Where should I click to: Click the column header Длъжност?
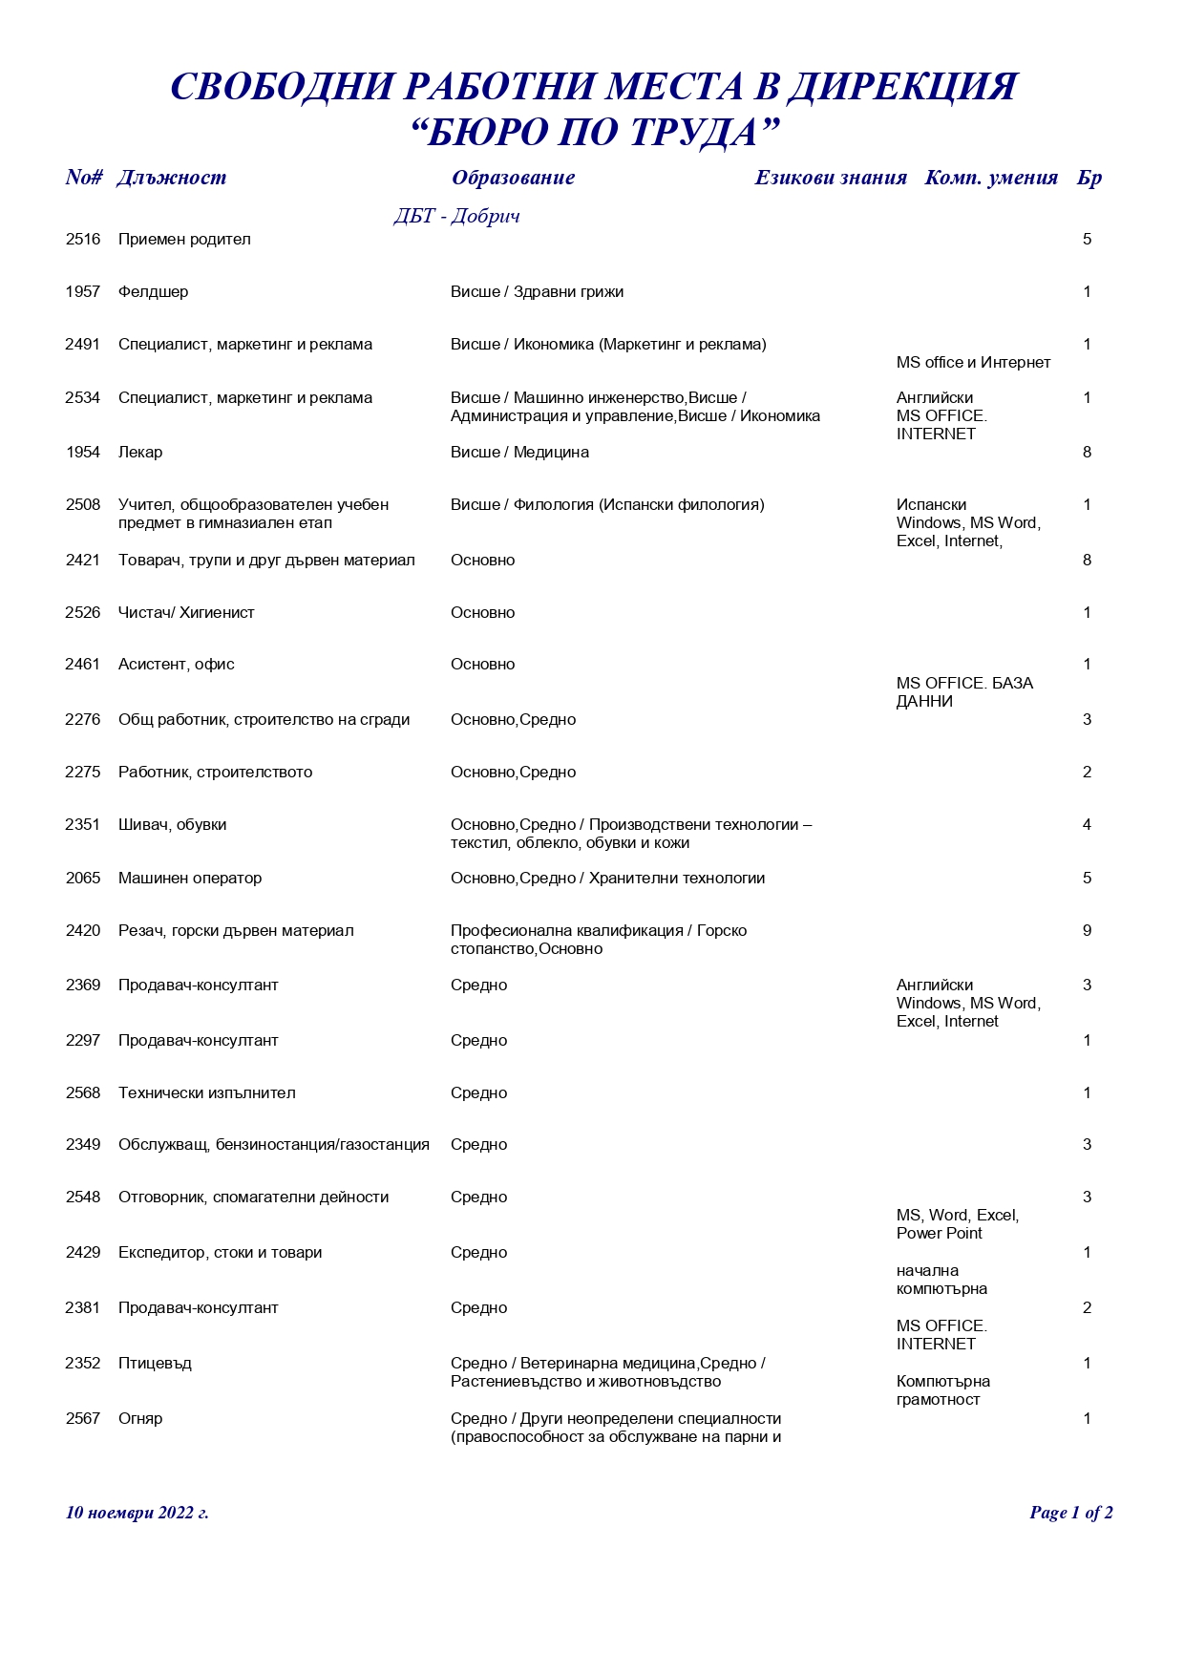point(171,178)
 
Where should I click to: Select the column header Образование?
point(513,178)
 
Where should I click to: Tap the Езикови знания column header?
point(830,178)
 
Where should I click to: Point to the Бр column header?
point(1089,178)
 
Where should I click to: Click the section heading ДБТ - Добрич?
point(456,216)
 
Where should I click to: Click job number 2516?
point(83,240)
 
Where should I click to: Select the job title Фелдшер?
point(153,292)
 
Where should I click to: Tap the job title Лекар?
point(140,453)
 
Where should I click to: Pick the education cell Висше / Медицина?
point(519,453)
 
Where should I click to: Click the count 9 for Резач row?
point(1087,931)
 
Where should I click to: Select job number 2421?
point(83,561)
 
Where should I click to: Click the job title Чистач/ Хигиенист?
point(186,613)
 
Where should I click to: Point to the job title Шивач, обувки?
point(172,825)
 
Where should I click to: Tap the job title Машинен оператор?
point(189,879)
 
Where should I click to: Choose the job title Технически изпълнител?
point(206,1093)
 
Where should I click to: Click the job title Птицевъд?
point(155,1364)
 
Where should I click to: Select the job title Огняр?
point(140,1419)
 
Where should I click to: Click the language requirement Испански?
point(931,505)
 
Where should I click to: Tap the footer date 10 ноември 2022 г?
point(137,1513)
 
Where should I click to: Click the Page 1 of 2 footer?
point(1070,1513)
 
